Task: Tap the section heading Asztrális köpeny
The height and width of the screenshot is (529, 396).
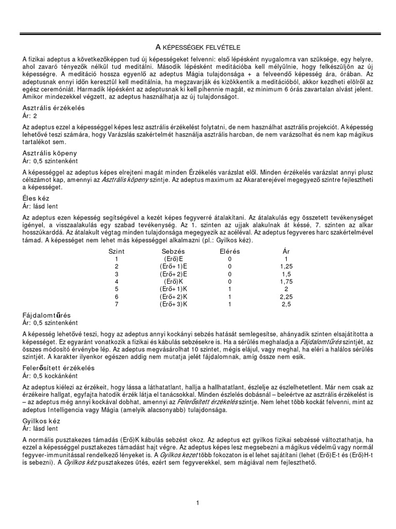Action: (51, 153)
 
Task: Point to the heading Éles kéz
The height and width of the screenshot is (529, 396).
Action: (37, 198)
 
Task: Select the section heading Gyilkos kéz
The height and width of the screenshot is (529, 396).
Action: (41, 421)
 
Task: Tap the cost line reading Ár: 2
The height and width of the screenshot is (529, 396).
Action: (30, 116)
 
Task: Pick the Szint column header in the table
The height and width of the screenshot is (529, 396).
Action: (117, 251)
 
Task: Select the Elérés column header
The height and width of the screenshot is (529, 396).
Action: (229, 251)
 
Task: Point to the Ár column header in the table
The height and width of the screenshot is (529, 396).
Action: (286, 251)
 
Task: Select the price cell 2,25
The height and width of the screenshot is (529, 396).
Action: (286, 297)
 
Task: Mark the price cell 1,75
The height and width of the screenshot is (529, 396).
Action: (286, 282)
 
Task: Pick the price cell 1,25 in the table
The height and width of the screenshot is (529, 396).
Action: (286, 266)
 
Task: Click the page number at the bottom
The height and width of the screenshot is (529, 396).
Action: (197, 503)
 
